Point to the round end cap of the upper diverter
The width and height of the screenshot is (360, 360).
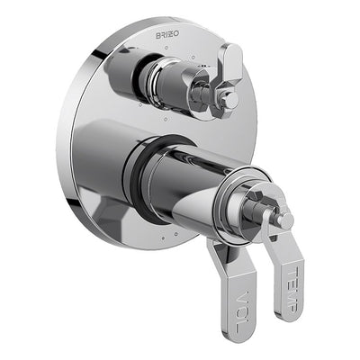(231, 100)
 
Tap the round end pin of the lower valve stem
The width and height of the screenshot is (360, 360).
(285, 220)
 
